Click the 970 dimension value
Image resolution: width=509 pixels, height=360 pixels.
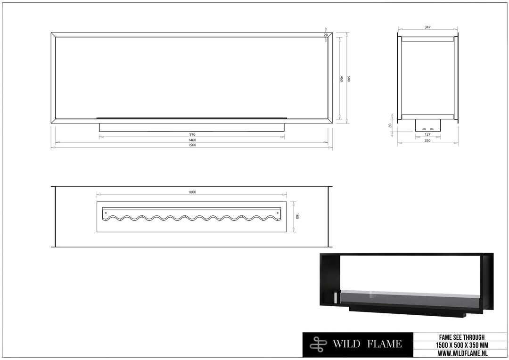coord(192,134)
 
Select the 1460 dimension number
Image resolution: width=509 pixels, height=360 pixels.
coord(192,140)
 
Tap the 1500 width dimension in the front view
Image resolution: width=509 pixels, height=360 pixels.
coord(192,145)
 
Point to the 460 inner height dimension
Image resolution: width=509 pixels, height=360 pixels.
coord(342,79)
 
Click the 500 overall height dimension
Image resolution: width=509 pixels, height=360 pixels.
coord(349,79)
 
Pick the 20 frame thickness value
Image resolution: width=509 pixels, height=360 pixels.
coord(326,35)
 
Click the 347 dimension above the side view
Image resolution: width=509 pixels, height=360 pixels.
coord(427,28)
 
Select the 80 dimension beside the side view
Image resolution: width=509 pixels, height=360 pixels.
coord(390,125)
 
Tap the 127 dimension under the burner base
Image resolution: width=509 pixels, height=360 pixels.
coord(427,134)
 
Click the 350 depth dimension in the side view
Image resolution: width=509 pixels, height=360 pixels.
coord(427,140)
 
